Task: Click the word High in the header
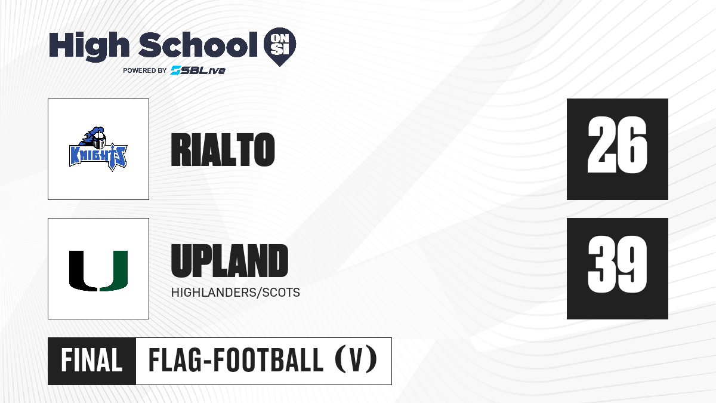pyautogui.click(x=89, y=47)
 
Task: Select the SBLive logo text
pyautogui.click(x=198, y=70)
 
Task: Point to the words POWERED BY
pyautogui.click(x=145, y=70)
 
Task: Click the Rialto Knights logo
pyautogui.click(x=98, y=149)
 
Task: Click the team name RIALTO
pyautogui.click(x=223, y=149)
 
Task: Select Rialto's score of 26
pyautogui.click(x=617, y=145)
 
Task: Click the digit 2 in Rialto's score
pyautogui.click(x=601, y=145)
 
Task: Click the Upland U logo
pyautogui.click(x=98, y=271)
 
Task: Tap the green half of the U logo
pyautogui.click(x=114, y=271)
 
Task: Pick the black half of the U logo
pyautogui.click(x=83, y=271)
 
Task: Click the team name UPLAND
pyautogui.click(x=230, y=261)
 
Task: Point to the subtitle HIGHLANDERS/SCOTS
pyautogui.click(x=236, y=293)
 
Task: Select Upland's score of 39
pyautogui.click(x=617, y=264)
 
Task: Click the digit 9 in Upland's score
pyautogui.click(x=633, y=264)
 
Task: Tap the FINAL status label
pyautogui.click(x=92, y=361)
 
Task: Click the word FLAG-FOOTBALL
pyautogui.click(x=236, y=361)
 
